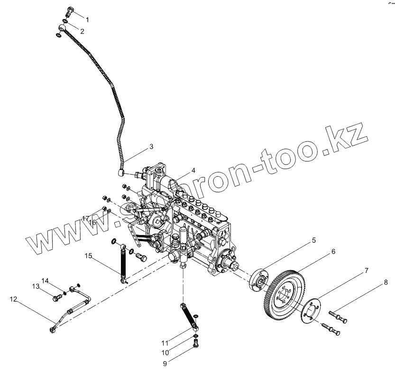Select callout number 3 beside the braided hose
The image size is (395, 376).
point(151,147)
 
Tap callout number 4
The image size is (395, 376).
point(193,170)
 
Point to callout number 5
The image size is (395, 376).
point(313,241)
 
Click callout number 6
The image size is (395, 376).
point(333,251)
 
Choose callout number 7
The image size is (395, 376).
point(367,271)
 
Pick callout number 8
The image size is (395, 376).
point(386,282)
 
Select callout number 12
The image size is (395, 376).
point(13,299)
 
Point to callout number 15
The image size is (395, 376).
point(88,256)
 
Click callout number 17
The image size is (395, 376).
point(85,218)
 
